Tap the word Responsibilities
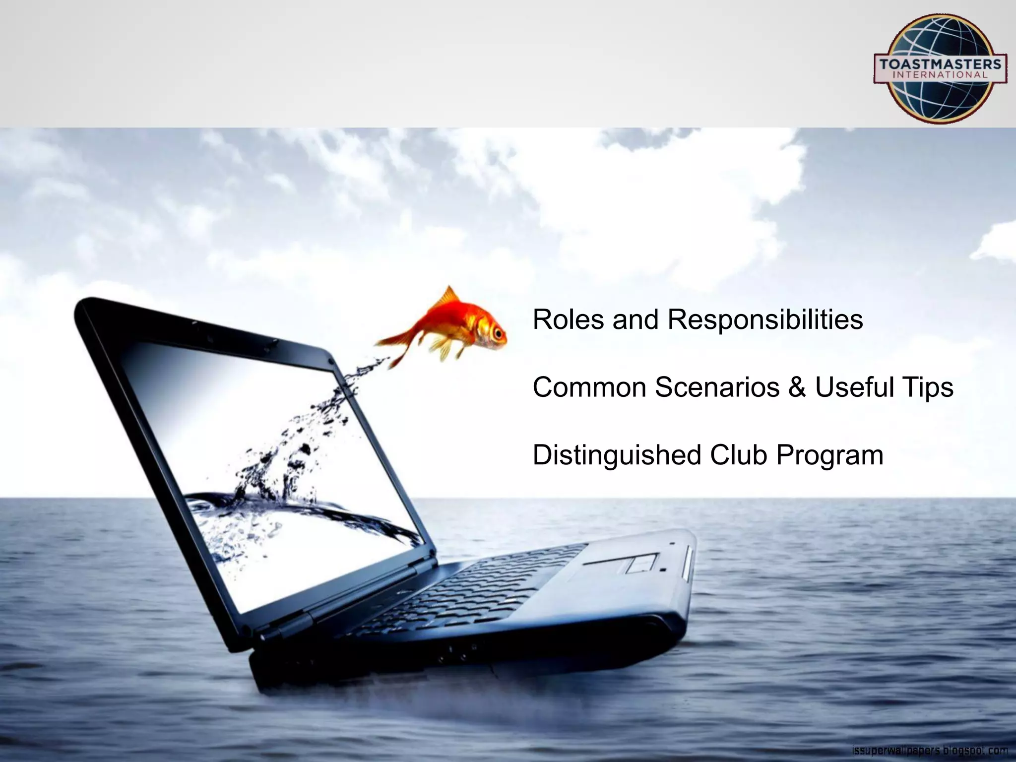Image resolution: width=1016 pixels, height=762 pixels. coord(765,320)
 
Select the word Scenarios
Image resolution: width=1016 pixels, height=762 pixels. coord(717,387)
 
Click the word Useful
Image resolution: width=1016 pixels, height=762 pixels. coord(860,387)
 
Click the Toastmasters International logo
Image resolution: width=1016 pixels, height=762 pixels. coord(940,68)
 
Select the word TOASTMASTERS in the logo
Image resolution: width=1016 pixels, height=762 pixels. coord(940,64)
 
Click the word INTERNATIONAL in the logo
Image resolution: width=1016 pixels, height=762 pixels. coord(940,75)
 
